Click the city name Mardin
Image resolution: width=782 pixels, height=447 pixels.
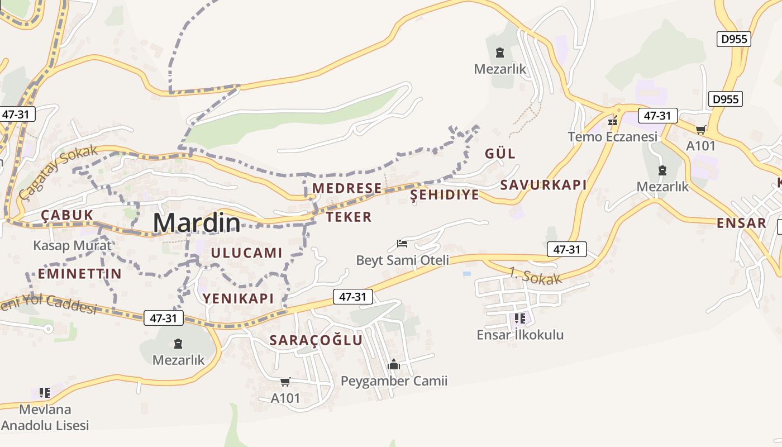[x=197, y=223]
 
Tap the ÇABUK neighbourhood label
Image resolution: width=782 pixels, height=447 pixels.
[x=66, y=215]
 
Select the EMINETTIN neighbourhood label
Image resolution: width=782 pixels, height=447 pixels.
[x=79, y=273]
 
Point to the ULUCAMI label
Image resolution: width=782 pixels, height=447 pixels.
[x=246, y=253]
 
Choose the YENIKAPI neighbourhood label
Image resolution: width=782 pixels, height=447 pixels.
[x=238, y=298]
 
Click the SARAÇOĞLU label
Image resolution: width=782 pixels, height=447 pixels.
[x=316, y=340]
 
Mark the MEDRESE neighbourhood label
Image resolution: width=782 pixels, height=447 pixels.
[x=347, y=188]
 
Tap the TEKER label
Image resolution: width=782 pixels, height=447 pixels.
[x=349, y=217]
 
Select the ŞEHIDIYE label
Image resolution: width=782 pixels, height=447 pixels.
[x=445, y=194]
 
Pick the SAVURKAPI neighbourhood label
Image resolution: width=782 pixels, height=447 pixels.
[x=543, y=185]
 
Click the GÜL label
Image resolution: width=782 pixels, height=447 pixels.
[x=500, y=154]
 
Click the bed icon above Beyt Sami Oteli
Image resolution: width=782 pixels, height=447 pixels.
[x=402, y=244]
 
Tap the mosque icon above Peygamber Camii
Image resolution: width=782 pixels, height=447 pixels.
[x=394, y=365]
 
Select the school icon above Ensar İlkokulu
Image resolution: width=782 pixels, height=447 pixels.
[x=520, y=318]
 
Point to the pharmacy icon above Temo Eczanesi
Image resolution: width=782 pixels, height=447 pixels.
[x=613, y=120]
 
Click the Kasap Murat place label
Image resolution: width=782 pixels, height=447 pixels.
[x=72, y=245]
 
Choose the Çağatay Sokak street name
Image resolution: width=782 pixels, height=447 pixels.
[x=58, y=172]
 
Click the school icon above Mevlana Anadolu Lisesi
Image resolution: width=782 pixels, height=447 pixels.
[x=45, y=393]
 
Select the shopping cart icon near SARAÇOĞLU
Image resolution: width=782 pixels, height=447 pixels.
[x=285, y=382]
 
